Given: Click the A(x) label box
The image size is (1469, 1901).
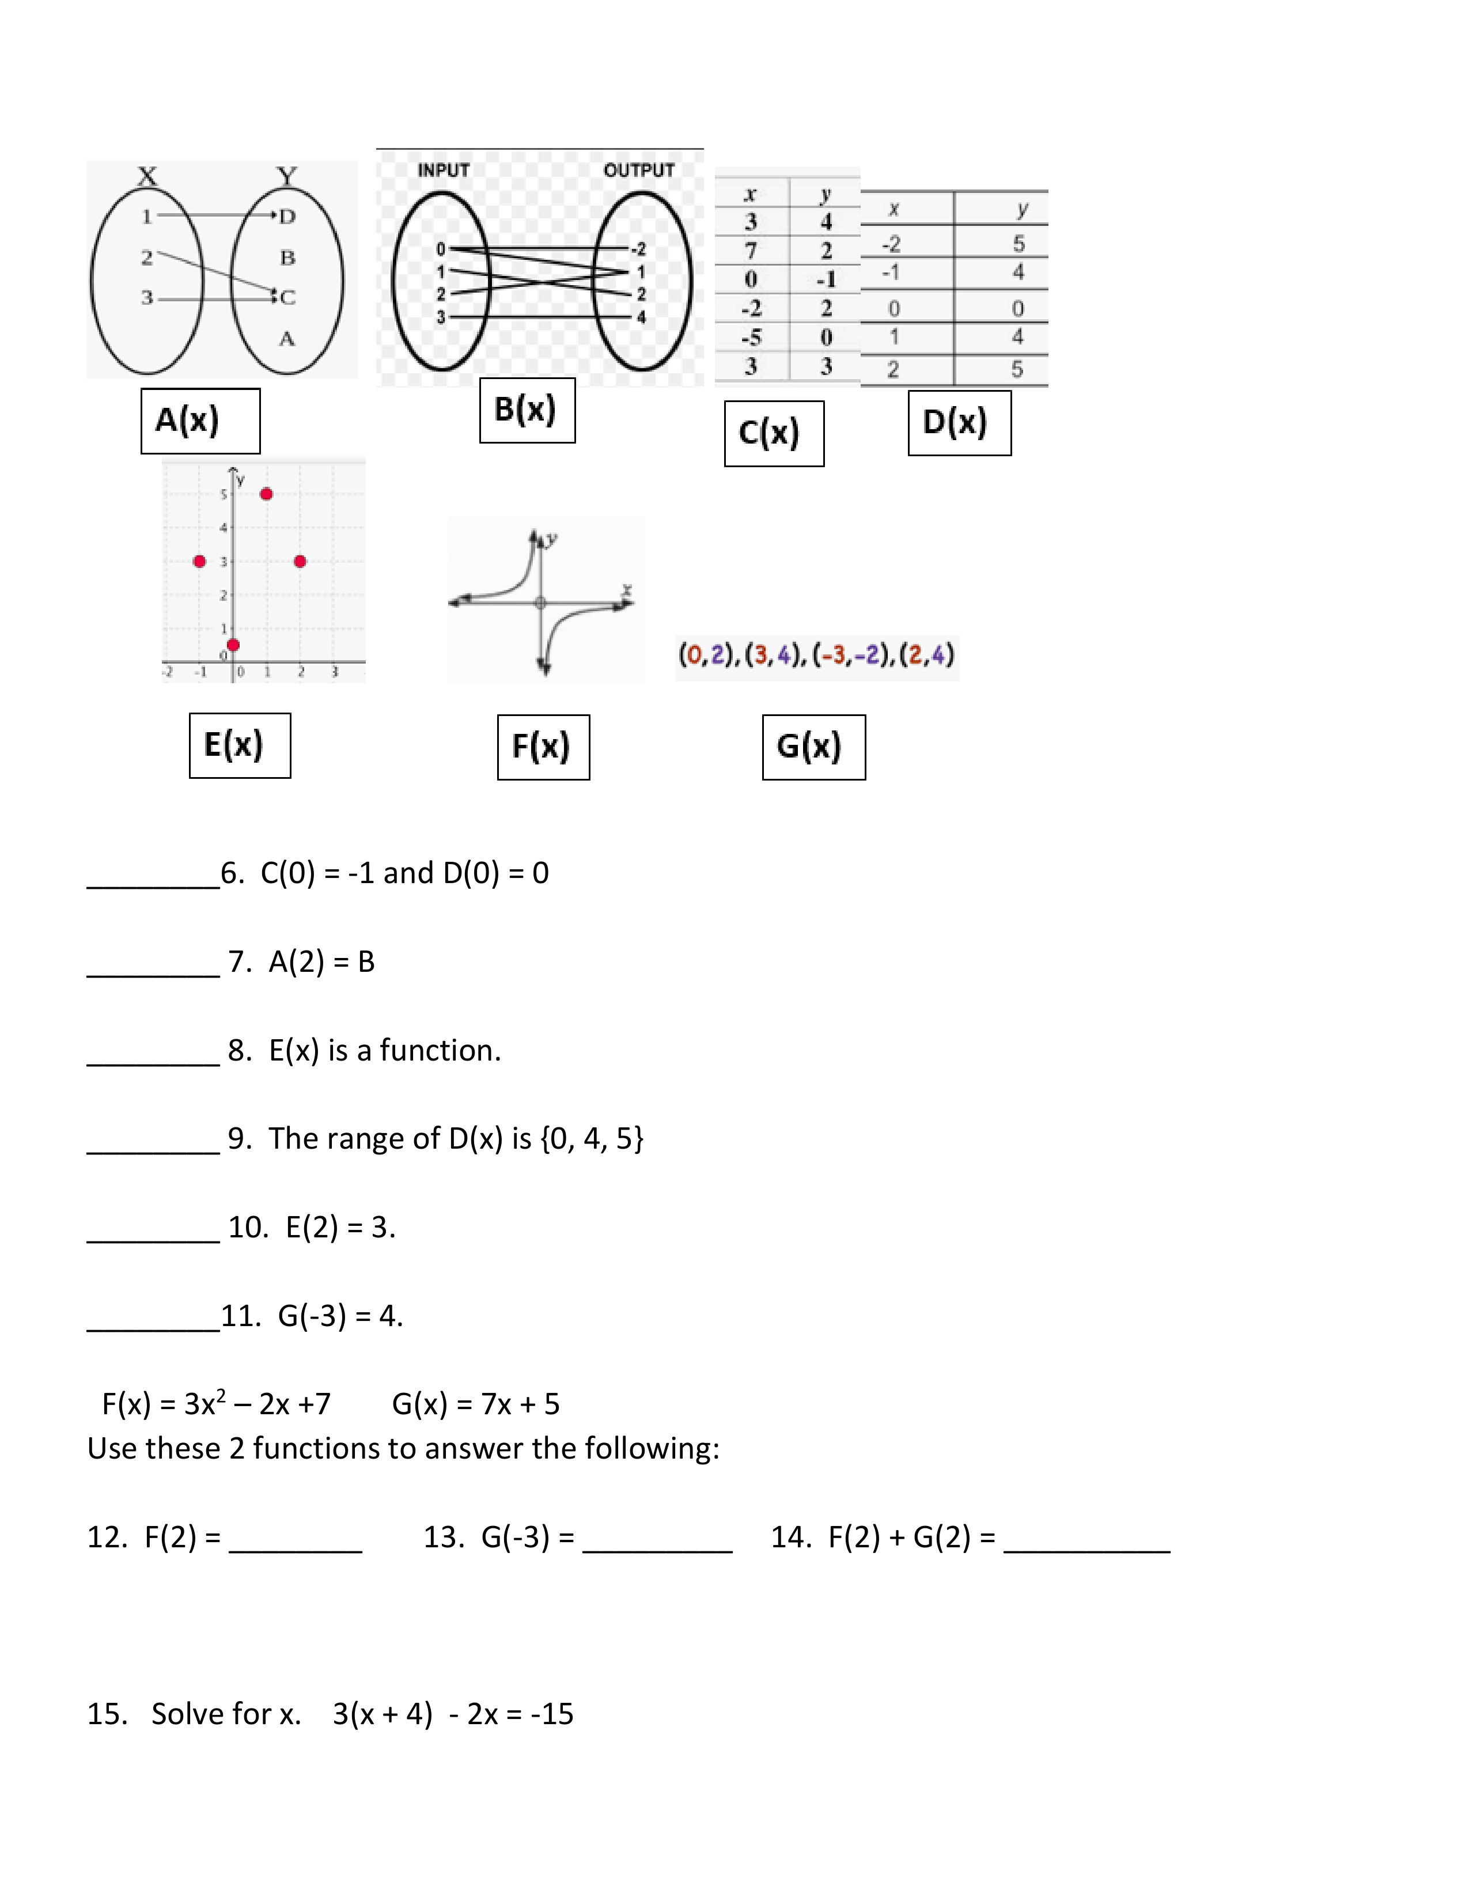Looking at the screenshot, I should pos(200,421).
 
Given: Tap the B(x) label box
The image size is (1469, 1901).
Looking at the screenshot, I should pos(527,410).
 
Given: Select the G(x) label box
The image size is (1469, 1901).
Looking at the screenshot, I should pos(813,747).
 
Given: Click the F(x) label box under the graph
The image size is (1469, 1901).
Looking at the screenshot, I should pos(543,747).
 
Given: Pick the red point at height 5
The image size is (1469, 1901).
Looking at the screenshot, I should pos(266,494).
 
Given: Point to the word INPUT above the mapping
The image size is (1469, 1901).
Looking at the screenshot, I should pos(443,171).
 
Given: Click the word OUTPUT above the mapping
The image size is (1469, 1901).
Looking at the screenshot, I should pos(639,171).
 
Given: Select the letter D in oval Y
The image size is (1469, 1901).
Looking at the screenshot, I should pos(287,216).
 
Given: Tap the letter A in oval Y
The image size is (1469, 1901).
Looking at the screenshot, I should pos(287,339).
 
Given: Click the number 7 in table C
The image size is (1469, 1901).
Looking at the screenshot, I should pos(750,251).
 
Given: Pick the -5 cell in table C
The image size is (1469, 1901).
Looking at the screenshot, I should pos(750,337).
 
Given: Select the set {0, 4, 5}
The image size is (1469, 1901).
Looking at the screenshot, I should pos(592,1138).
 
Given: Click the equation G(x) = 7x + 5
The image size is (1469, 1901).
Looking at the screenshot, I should pos(475,1404).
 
